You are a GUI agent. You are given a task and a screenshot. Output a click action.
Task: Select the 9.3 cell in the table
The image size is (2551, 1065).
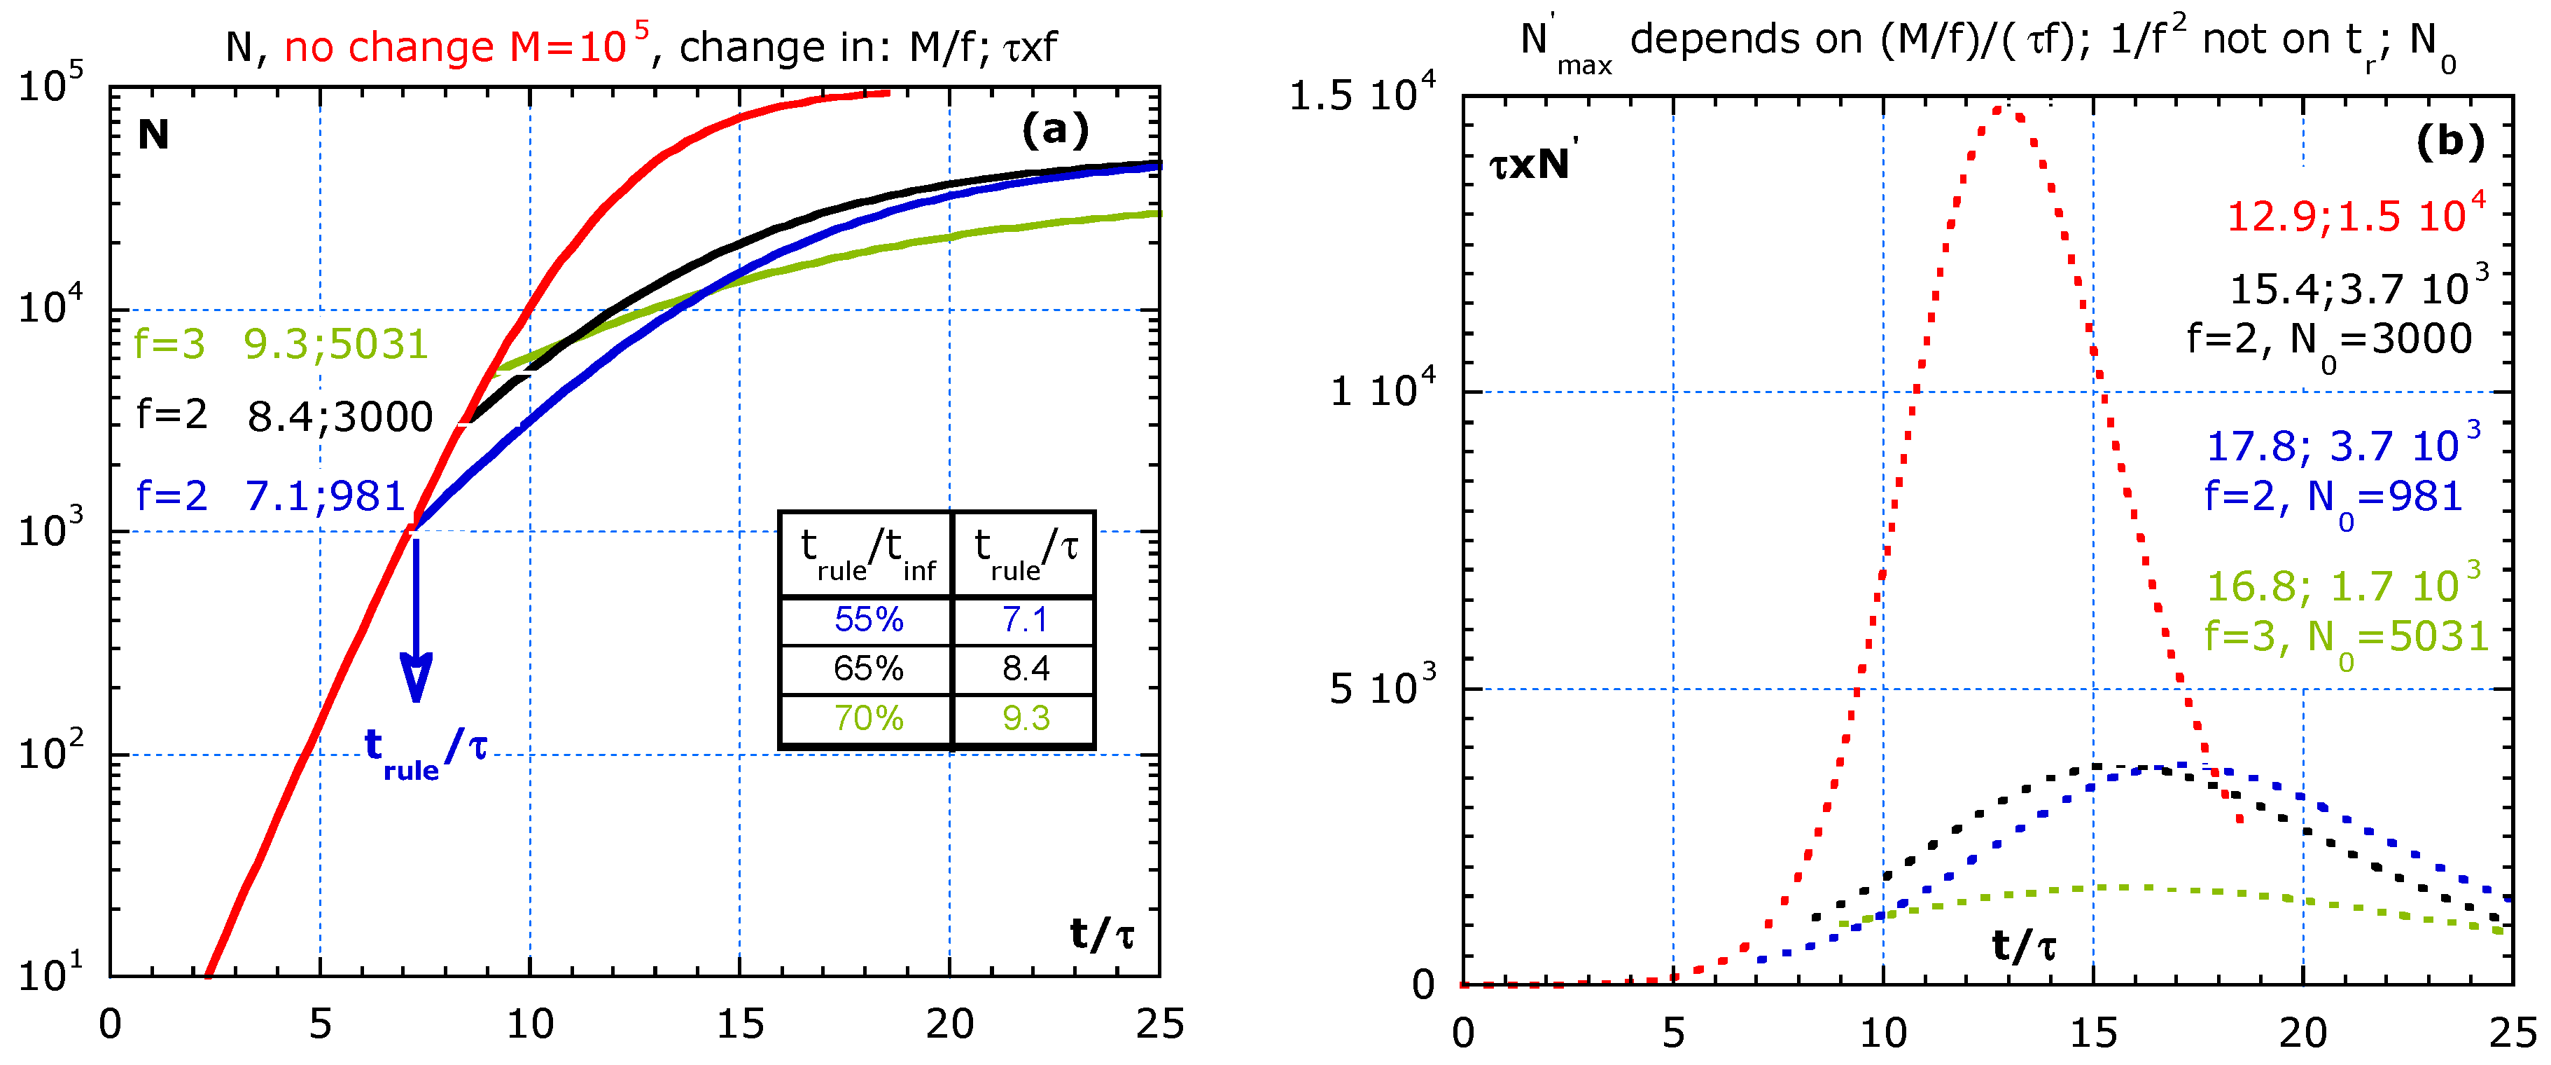pyautogui.click(x=1025, y=717)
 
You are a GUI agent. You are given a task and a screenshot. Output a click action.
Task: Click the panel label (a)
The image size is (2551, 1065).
pyautogui.click(x=1056, y=130)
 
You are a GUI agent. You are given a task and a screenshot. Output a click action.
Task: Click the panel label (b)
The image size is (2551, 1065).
pyautogui.click(x=2449, y=142)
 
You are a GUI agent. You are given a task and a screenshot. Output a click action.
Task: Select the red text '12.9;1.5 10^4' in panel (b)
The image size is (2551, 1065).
pyautogui.click(x=2356, y=214)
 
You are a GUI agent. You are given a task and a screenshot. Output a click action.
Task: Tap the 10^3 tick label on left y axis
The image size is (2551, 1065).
pyautogui.click(x=50, y=530)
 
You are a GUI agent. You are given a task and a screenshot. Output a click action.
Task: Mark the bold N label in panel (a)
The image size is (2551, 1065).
pyautogui.click(x=153, y=135)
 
